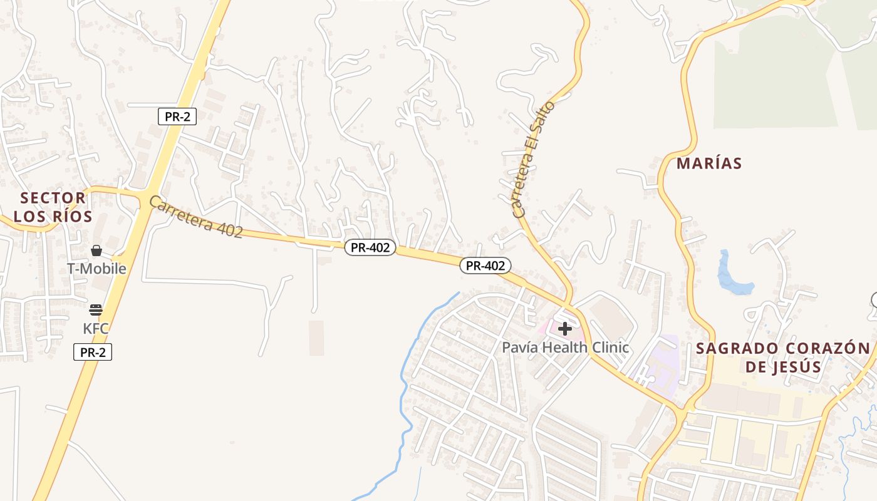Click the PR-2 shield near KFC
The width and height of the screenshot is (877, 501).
[93, 352]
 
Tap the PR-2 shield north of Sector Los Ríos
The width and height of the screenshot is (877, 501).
[177, 116]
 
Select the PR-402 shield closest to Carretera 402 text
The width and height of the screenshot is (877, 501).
[370, 247]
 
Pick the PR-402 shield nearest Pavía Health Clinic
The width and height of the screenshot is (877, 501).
[485, 266]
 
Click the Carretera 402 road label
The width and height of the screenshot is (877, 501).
[196, 217]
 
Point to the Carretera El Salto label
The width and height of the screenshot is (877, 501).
[533, 160]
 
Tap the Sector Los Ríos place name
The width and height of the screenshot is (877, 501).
[53, 207]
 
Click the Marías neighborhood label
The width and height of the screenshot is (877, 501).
[709, 163]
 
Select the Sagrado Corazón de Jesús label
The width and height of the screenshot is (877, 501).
[783, 357]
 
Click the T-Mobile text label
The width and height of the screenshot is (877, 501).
[96, 269]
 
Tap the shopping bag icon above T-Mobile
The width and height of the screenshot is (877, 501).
[96, 250]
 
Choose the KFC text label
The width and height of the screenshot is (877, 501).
[96, 328]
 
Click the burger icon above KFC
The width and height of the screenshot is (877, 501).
[96, 309]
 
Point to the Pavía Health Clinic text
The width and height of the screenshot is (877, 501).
[565, 347]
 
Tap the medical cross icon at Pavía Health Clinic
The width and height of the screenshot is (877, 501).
[564, 328]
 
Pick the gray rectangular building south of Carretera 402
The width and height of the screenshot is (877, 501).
[316, 338]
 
